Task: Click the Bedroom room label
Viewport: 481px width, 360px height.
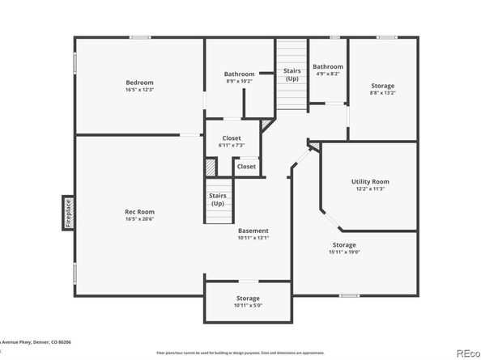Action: tap(139, 83)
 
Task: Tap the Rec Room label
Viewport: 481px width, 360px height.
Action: tap(139, 211)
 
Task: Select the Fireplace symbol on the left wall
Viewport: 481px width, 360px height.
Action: tap(69, 213)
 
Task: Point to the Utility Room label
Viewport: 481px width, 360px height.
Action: tap(370, 181)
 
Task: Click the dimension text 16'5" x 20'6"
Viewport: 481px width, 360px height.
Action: tap(139, 219)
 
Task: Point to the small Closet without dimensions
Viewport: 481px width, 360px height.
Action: tap(246, 167)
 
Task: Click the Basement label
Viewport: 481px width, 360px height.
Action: tap(253, 231)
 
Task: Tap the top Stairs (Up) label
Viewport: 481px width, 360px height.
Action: tap(292, 75)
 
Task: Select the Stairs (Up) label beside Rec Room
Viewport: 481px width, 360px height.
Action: tap(218, 199)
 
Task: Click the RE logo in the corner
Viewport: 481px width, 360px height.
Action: tap(467, 352)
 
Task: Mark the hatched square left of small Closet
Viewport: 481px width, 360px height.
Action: tap(211, 167)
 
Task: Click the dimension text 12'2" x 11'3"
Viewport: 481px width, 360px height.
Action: tap(370, 189)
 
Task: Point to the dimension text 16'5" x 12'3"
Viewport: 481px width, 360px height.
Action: tap(139, 90)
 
